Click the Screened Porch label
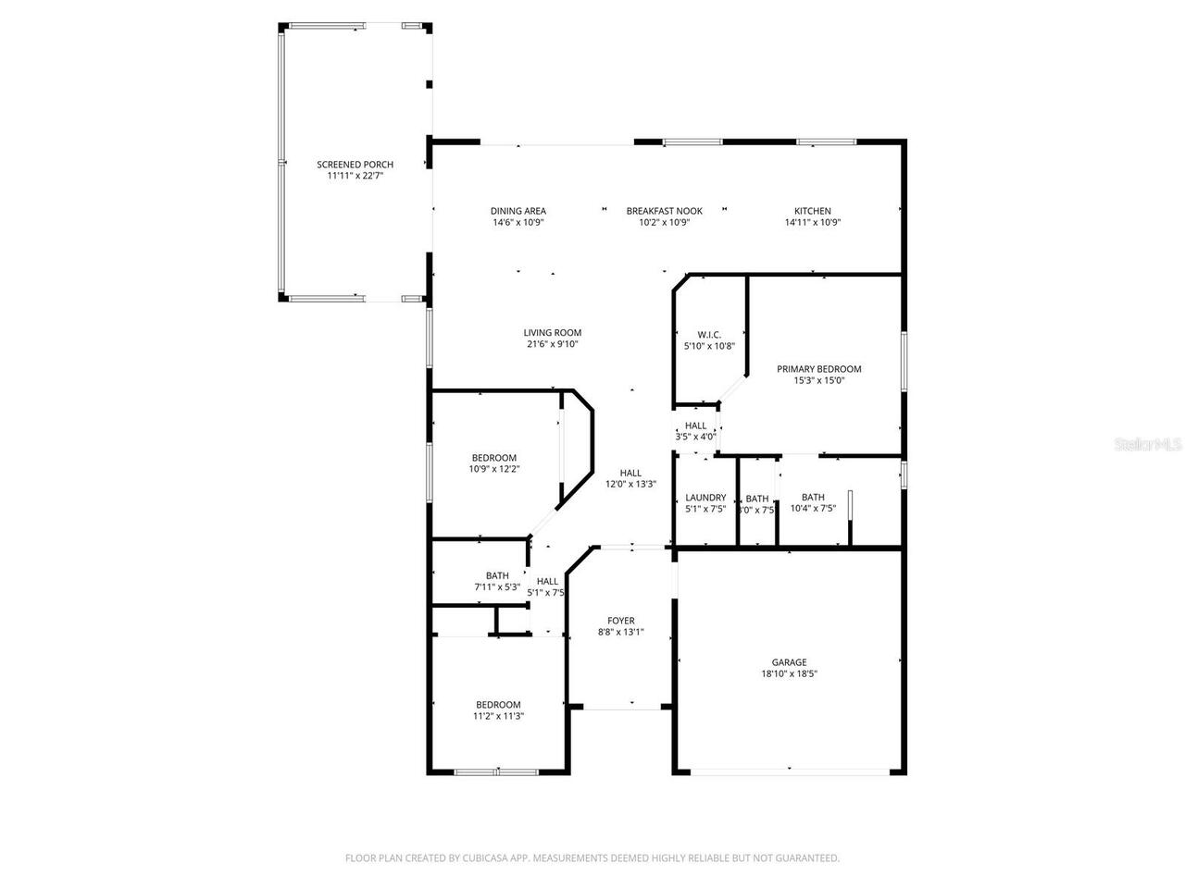[355, 165]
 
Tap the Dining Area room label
[518, 211]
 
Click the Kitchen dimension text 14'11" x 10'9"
[812, 223]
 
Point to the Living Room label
[552, 333]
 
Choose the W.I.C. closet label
[708, 335]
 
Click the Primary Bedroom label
[818, 369]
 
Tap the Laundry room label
[705, 498]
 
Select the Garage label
[789, 662]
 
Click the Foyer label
[620, 621]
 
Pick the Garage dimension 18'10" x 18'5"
[789, 674]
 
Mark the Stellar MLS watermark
[1147, 445]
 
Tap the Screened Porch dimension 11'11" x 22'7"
[355, 176]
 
